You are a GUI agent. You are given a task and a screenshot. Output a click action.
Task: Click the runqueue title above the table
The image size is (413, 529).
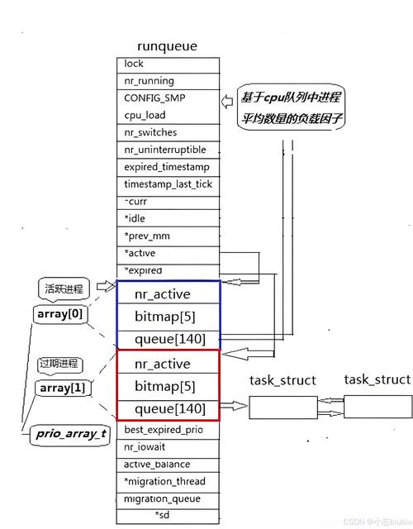click(x=169, y=47)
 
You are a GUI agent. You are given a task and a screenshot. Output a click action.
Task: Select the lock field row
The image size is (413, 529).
click(x=168, y=64)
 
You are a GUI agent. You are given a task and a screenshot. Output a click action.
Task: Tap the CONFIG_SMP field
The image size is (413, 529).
click(x=168, y=98)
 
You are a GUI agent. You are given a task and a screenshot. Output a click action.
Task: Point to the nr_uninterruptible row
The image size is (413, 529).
click(x=168, y=150)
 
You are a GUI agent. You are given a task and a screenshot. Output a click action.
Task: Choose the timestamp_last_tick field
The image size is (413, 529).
click(x=168, y=184)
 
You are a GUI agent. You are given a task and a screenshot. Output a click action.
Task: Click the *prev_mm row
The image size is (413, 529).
click(x=168, y=236)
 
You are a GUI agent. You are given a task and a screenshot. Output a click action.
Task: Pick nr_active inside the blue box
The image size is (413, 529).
click(x=168, y=293)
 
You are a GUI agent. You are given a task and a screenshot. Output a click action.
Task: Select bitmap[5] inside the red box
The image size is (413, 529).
click(x=168, y=386)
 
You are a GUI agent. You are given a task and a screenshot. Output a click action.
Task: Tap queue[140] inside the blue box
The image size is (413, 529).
click(x=168, y=338)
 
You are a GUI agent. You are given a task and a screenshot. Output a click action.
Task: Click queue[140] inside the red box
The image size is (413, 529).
click(x=168, y=408)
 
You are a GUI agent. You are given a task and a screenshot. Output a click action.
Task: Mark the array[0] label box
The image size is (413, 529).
click(x=60, y=315)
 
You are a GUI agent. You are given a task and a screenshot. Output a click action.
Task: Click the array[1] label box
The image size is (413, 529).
click(x=60, y=388)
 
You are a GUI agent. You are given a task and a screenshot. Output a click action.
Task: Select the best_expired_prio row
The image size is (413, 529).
click(x=168, y=430)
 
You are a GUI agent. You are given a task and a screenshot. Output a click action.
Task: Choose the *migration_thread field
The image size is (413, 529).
click(x=168, y=481)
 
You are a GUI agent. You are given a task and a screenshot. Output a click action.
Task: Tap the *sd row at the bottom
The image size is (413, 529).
click(x=168, y=516)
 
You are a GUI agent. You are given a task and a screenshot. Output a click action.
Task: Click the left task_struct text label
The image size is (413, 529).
click(x=282, y=380)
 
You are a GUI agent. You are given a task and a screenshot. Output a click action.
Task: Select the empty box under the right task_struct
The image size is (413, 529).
click(x=376, y=406)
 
